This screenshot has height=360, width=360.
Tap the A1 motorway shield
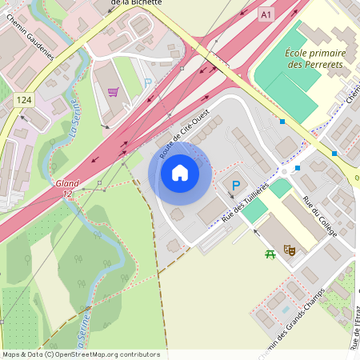coord(266,14)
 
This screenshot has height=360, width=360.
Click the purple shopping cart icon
coord(113,92)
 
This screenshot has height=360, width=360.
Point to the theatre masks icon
coord(291,250)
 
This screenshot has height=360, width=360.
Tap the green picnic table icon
coord(270,254)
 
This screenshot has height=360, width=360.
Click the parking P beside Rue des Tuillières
coord(234,186)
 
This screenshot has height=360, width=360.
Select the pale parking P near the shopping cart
coord(147,82)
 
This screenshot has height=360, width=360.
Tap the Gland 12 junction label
coord(67,189)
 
